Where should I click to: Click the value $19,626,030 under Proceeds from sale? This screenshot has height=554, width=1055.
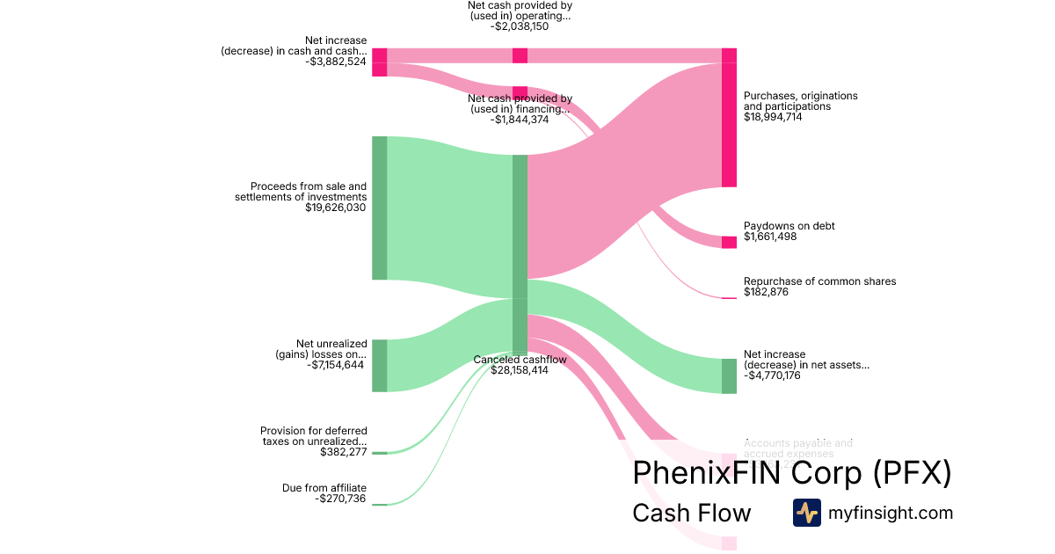(x=336, y=208)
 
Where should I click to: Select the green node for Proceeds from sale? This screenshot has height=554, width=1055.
(x=379, y=208)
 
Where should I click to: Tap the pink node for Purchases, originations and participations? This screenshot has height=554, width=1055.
(x=729, y=118)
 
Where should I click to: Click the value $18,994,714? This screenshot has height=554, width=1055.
(x=773, y=117)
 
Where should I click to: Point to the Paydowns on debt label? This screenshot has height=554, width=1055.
(x=789, y=226)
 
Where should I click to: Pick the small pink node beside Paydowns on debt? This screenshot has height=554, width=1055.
(x=729, y=242)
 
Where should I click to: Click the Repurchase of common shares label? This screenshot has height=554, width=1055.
(x=819, y=281)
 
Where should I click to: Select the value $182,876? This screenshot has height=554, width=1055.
(x=766, y=292)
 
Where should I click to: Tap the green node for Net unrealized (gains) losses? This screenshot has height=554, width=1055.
(x=379, y=365)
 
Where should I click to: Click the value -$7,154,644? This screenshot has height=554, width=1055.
(x=335, y=365)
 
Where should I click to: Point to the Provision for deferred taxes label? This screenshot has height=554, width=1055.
(x=314, y=436)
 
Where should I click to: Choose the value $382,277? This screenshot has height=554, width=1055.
(x=343, y=452)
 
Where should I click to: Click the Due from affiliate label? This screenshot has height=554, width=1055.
(x=324, y=488)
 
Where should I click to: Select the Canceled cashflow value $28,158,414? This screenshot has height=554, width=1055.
(x=520, y=370)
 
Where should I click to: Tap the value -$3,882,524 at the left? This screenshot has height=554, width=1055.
(x=336, y=62)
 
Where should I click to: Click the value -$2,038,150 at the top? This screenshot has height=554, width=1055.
(x=520, y=26)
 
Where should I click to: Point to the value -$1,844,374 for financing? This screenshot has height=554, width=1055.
(x=520, y=120)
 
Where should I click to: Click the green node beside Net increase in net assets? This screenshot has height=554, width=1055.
(x=729, y=375)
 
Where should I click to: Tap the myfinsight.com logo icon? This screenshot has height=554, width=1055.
(x=806, y=513)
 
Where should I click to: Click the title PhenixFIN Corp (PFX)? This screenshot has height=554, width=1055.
(x=791, y=473)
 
